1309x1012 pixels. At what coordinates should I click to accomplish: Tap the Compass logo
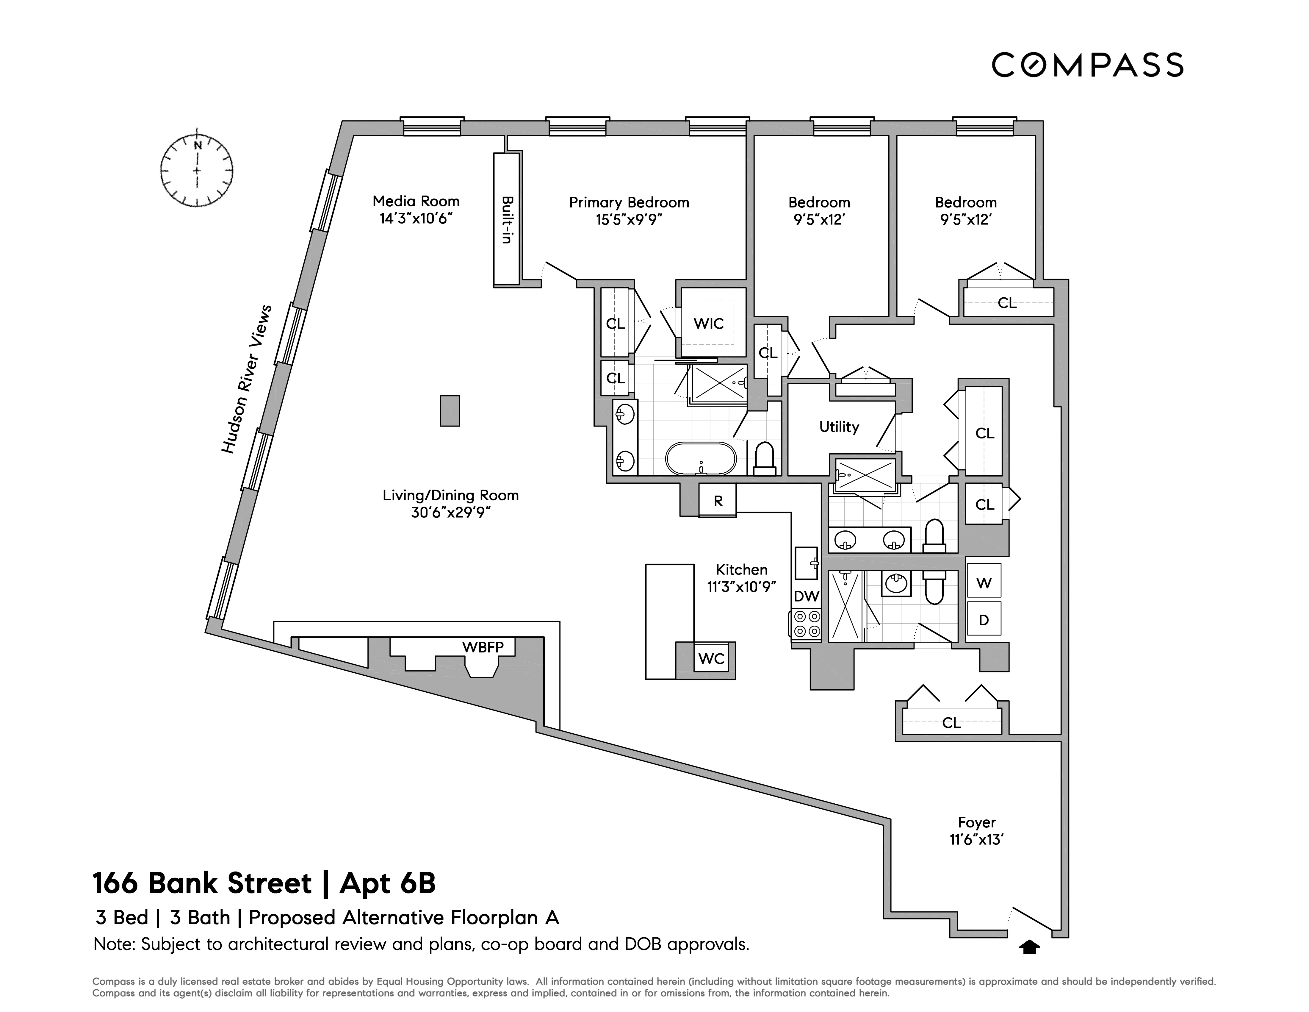[1087, 65]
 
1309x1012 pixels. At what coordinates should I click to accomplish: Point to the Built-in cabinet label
[506, 219]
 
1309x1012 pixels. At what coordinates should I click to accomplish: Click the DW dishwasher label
[806, 596]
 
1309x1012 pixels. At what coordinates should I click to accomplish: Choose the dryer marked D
[984, 620]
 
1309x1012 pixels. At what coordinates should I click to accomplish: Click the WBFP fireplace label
[483, 647]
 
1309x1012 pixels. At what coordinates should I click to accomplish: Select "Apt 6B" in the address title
[387, 883]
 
